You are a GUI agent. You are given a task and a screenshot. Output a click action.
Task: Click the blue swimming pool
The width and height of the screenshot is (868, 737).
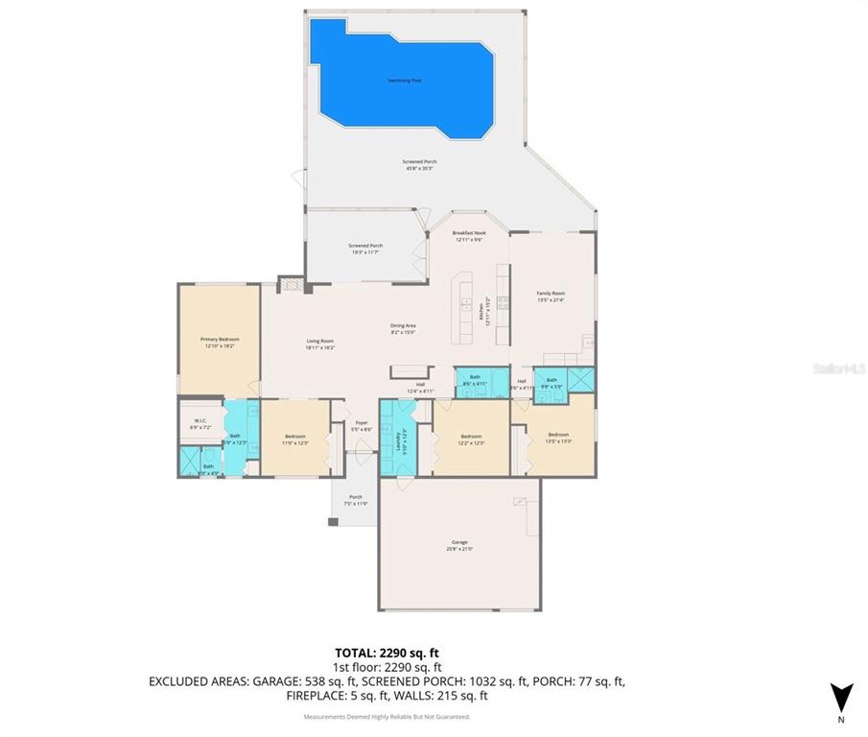pos(403,77)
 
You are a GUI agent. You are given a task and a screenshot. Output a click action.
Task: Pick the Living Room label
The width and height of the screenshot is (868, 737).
pos(319,344)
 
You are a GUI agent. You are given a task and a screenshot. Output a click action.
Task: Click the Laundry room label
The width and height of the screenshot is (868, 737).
pos(398,440)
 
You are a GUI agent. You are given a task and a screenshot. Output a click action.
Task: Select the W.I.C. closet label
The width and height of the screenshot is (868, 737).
pos(200,421)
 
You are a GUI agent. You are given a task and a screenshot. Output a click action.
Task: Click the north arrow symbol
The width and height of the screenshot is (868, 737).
pos(841,698)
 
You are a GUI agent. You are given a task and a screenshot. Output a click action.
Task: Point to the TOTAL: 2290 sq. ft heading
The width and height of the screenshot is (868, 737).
pos(387,652)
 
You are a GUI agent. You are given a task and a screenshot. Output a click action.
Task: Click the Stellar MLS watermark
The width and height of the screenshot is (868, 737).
pos(837,368)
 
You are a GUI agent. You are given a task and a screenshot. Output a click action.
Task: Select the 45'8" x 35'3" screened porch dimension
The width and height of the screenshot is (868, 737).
pos(418,169)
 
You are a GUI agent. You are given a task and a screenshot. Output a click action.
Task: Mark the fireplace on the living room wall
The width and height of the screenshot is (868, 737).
pos(290,285)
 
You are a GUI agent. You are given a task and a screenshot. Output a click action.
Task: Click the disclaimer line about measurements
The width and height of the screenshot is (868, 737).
pos(387,716)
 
